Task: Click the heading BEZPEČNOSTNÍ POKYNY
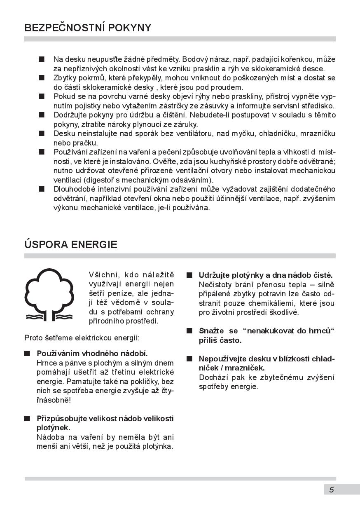click(88, 28)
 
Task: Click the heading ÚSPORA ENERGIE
click(71, 245)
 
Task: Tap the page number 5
click(332, 490)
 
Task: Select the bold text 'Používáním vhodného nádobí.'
click(92, 353)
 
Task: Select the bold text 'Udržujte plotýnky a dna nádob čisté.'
click(266, 275)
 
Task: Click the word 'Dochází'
click(211, 377)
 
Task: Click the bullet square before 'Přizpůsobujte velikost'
click(27, 419)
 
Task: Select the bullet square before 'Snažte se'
click(189, 331)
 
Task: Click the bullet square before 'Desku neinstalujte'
click(41, 134)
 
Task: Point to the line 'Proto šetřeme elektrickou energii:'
click(82, 338)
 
